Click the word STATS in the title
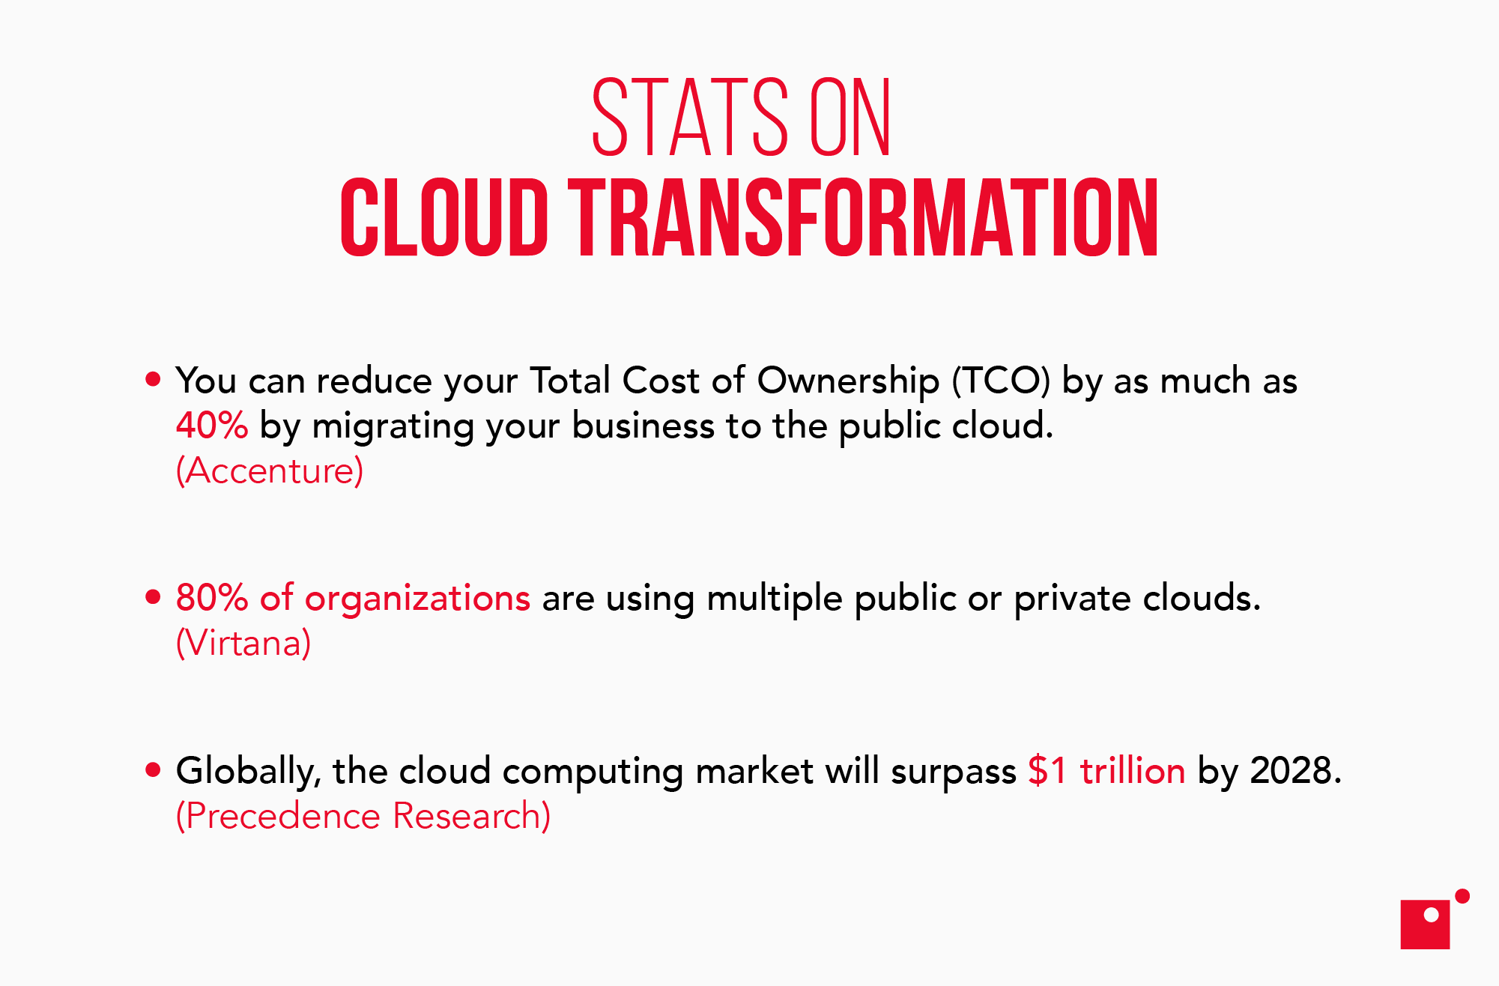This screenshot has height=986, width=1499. [x=689, y=118]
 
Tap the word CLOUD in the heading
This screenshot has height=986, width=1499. [x=443, y=218]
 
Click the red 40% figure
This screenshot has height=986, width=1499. [x=211, y=426]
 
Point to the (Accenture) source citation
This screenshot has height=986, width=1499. [x=270, y=471]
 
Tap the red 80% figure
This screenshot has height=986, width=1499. [x=211, y=598]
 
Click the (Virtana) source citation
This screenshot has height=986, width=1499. [x=243, y=643]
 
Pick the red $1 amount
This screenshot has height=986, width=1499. [x=1047, y=770]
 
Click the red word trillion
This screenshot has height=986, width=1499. [x=1132, y=770]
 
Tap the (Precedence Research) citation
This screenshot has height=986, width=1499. [x=363, y=816]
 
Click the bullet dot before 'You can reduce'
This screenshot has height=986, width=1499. [x=154, y=379]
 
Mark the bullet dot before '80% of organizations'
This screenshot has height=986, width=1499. [x=154, y=597]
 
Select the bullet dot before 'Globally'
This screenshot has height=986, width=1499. [x=154, y=769]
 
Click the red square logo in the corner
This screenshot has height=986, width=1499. [x=1425, y=925]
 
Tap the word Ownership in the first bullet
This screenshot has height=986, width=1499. [x=848, y=381]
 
